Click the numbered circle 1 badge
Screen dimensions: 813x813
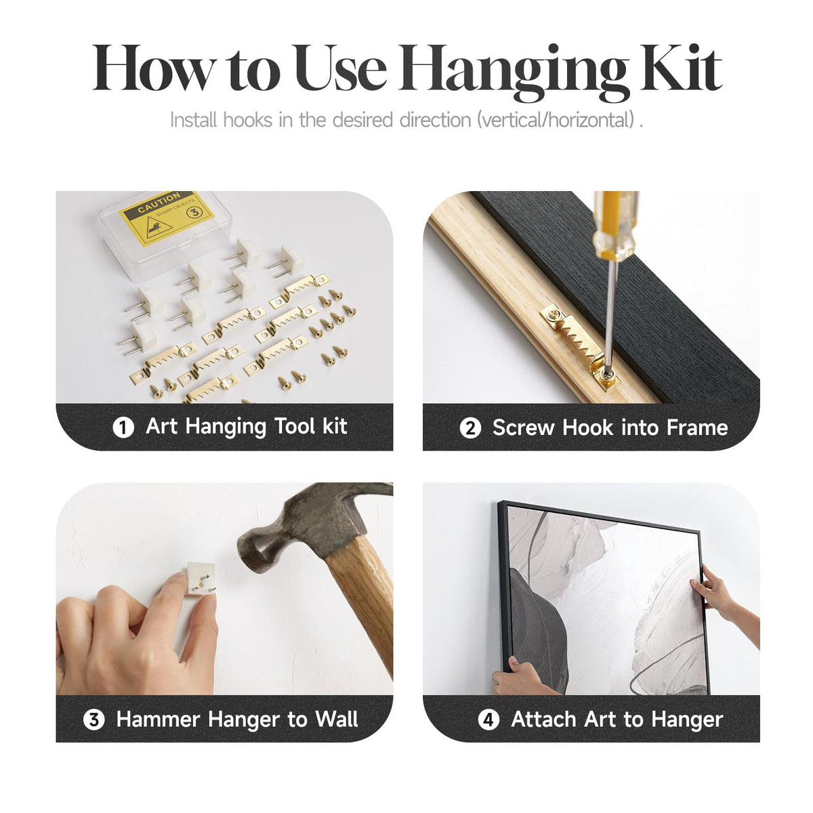[x=123, y=427]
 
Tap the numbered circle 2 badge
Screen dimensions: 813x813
[x=470, y=428]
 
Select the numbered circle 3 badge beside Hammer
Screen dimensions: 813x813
[x=93, y=720]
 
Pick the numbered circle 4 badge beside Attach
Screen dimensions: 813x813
[x=488, y=720]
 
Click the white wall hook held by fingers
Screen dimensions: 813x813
[x=200, y=579]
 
